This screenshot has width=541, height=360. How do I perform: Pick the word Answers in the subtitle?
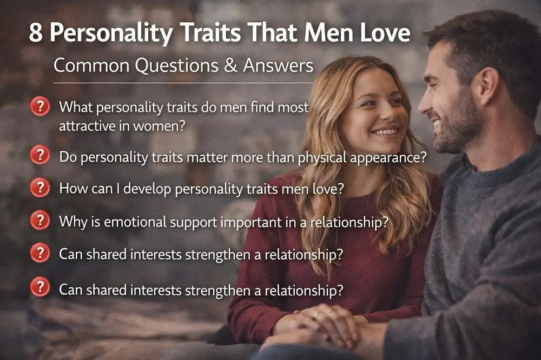[278, 65]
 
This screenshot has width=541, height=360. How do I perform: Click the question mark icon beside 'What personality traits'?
[40, 106]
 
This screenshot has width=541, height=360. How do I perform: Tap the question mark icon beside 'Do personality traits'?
[40, 156]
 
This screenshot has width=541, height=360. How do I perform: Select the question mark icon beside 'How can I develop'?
[40, 188]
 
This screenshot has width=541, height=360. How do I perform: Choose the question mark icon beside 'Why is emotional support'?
[40, 221]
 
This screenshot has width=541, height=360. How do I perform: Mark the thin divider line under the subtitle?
[184, 83]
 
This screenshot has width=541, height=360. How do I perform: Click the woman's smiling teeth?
[385, 131]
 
